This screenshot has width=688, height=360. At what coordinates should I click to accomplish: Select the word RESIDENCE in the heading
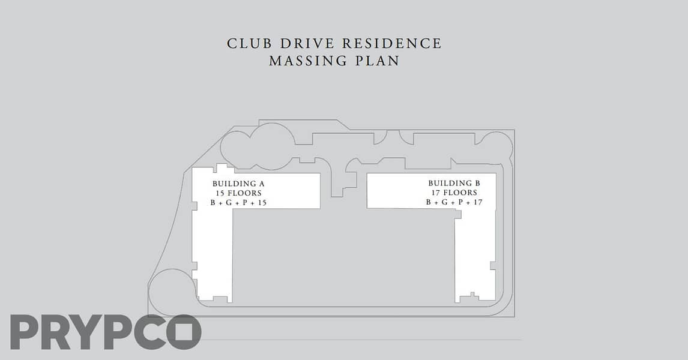pos(392,43)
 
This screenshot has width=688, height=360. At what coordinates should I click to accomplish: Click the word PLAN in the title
pos(378,61)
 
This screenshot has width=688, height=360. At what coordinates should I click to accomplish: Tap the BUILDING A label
pos(238,184)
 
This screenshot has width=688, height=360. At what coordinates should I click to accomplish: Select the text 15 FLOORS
pos(238,193)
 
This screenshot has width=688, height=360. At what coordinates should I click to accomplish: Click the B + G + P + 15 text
pos(238,203)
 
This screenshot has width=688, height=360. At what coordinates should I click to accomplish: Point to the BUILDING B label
pos(454,183)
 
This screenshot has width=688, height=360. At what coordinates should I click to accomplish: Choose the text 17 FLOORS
pos(454,193)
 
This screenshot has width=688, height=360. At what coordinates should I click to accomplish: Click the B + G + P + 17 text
pos(454,202)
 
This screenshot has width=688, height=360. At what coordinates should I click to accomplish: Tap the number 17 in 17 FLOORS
pos(436,193)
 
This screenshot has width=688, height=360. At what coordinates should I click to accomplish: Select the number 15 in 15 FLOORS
pos(220,193)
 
